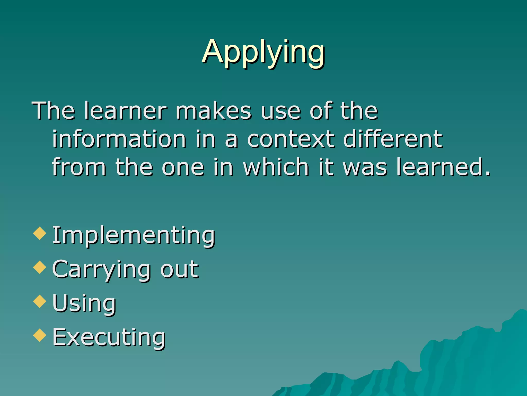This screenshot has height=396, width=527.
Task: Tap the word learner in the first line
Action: coord(126,111)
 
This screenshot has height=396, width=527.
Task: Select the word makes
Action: coord(213,111)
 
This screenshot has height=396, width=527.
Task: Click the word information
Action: coord(119,139)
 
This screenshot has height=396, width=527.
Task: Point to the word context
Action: coord(291,139)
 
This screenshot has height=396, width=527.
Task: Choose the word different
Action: coord(393,139)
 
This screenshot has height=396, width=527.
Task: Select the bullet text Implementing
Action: coord(134,235)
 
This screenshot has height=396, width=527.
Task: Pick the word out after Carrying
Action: coord(179,269)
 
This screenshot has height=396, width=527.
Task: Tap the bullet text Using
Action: coord(84,303)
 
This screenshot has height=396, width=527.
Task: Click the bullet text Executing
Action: coord(109,337)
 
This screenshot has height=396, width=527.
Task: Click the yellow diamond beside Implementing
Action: coord(40,233)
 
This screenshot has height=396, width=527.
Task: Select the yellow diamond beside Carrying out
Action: coord(40,267)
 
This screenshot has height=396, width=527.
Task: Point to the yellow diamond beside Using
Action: coord(40,301)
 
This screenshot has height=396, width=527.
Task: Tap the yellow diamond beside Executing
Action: coord(40,335)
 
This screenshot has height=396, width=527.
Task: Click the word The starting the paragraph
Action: coord(53,111)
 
